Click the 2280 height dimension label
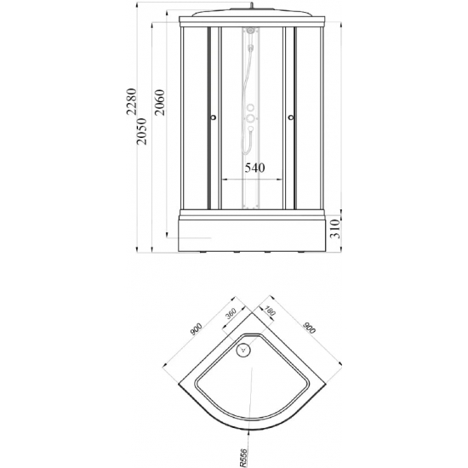pyautogui.click(x=131, y=101)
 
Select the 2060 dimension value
pyautogui.click(x=160, y=102)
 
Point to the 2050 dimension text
pyautogui.click(x=142, y=131)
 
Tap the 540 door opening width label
pyautogui.click(x=254, y=168)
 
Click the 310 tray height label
pyautogui.click(x=335, y=229)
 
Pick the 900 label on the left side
pyautogui.click(x=196, y=329)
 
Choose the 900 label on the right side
pyautogui.click(x=309, y=328)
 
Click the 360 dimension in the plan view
pyautogui.click(x=231, y=313)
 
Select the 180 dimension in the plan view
pyautogui.click(x=270, y=311)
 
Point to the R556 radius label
pyautogui.click(x=243, y=458)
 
